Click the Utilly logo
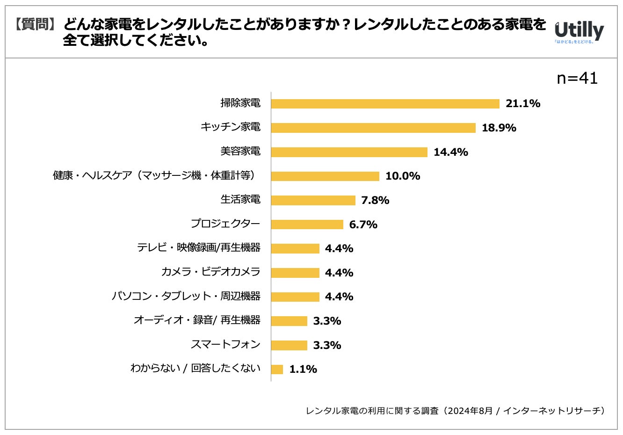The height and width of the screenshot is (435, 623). tap(579, 32)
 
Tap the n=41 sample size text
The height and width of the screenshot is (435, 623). tap(577, 79)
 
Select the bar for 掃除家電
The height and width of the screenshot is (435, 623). tap(385, 104)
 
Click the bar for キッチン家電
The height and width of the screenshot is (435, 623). tap(373, 128)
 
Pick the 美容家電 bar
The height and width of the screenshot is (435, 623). tap(349, 152)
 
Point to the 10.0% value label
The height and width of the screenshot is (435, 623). tap(402, 176)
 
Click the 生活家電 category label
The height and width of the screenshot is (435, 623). tap(240, 200)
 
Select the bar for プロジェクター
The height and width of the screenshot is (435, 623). tap(307, 225)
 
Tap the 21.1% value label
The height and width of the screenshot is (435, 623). tap(522, 104)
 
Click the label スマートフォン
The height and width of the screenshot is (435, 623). tap(225, 345)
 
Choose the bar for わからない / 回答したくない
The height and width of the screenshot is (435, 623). tap(277, 370)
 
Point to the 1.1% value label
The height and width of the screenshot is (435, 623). tap(303, 370)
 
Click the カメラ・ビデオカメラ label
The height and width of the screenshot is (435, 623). tap(210, 272)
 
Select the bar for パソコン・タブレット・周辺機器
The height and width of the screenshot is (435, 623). tap(295, 297)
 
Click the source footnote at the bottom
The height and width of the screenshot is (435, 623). tap(455, 411)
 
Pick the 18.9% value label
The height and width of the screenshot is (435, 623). tap(499, 128)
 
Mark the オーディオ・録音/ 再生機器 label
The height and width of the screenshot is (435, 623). tap(197, 320)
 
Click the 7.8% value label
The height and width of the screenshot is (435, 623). tap(375, 201)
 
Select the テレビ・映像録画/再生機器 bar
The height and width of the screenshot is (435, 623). tap(295, 248)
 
